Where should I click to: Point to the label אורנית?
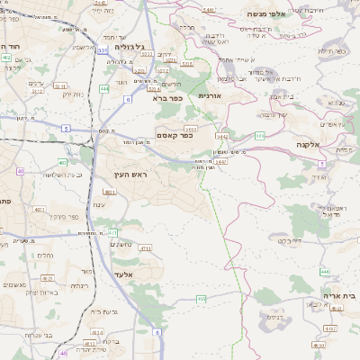(209, 94)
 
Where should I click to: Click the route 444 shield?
(105, 89)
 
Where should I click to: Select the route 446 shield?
(325, 271)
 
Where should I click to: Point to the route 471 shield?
(112, 233)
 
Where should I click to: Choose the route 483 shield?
(109, 192)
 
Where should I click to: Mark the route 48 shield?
(63, 353)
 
